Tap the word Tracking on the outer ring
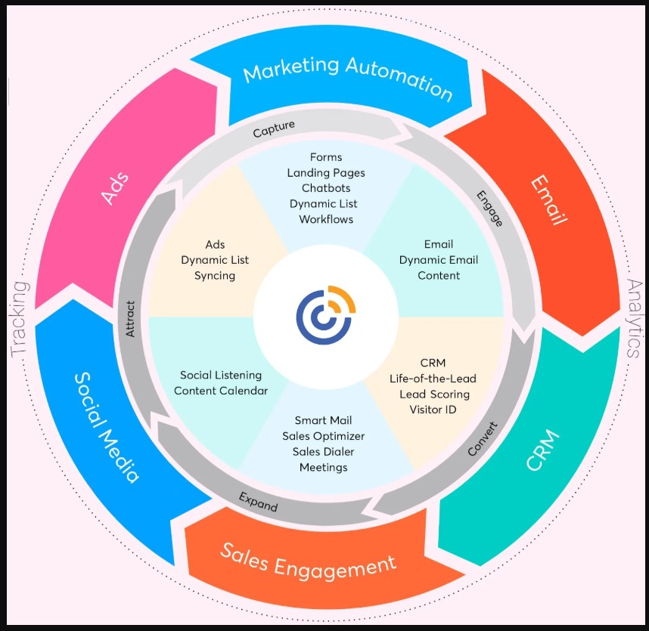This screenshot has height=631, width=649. (x=20, y=318)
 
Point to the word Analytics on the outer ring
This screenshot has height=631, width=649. (x=633, y=317)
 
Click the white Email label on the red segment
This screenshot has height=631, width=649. (x=548, y=200)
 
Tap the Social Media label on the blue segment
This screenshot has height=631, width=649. (x=106, y=427)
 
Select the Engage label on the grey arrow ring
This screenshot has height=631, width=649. (x=489, y=208)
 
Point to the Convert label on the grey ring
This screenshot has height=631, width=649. (x=483, y=438)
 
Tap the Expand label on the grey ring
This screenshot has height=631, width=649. (x=259, y=501)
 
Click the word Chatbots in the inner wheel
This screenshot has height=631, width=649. (x=326, y=188)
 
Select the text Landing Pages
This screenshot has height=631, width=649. (x=326, y=173)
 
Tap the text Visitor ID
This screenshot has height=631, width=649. (x=433, y=410)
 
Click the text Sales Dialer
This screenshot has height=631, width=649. (x=324, y=452)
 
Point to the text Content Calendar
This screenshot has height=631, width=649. (x=221, y=391)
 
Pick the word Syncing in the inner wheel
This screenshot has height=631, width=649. (x=215, y=276)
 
